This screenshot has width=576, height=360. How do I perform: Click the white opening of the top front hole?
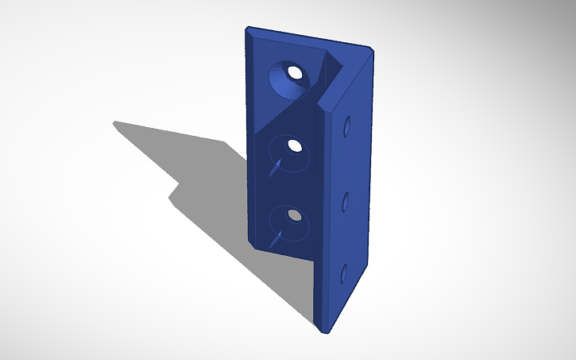point(295,73)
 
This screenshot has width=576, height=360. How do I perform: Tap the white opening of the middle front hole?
point(295,145)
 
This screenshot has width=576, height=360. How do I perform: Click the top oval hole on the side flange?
point(347,127)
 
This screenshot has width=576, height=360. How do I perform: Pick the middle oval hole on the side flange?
point(346,201)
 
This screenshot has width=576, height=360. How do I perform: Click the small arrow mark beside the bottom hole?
point(275,237)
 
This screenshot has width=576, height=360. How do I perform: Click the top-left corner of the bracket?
point(247,29)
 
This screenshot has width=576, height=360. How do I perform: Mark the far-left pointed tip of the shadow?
point(114,122)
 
